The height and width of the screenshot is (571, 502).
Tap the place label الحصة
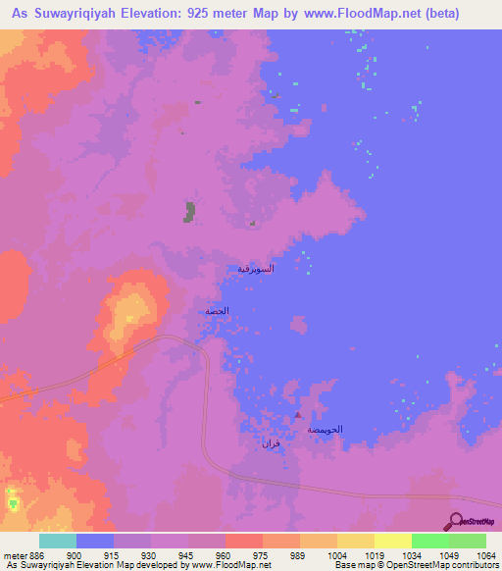click(217, 311)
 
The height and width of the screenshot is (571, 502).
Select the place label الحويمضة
click(325, 430)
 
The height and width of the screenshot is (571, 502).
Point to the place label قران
click(270, 445)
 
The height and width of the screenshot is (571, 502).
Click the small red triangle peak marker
click(298, 415)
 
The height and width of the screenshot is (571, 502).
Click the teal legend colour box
click(57, 541)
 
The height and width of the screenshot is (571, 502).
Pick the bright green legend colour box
click(429, 541)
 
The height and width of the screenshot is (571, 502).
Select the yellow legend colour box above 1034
click(392, 541)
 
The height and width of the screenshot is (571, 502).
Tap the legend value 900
click(75, 555)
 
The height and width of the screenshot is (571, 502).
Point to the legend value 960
click(225, 555)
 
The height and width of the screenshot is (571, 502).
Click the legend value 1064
click(485, 555)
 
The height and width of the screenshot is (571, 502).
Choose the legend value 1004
click(336, 555)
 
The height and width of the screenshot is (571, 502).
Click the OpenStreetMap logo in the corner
click(472, 522)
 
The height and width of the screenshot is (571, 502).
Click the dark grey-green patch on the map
click(189, 211)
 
